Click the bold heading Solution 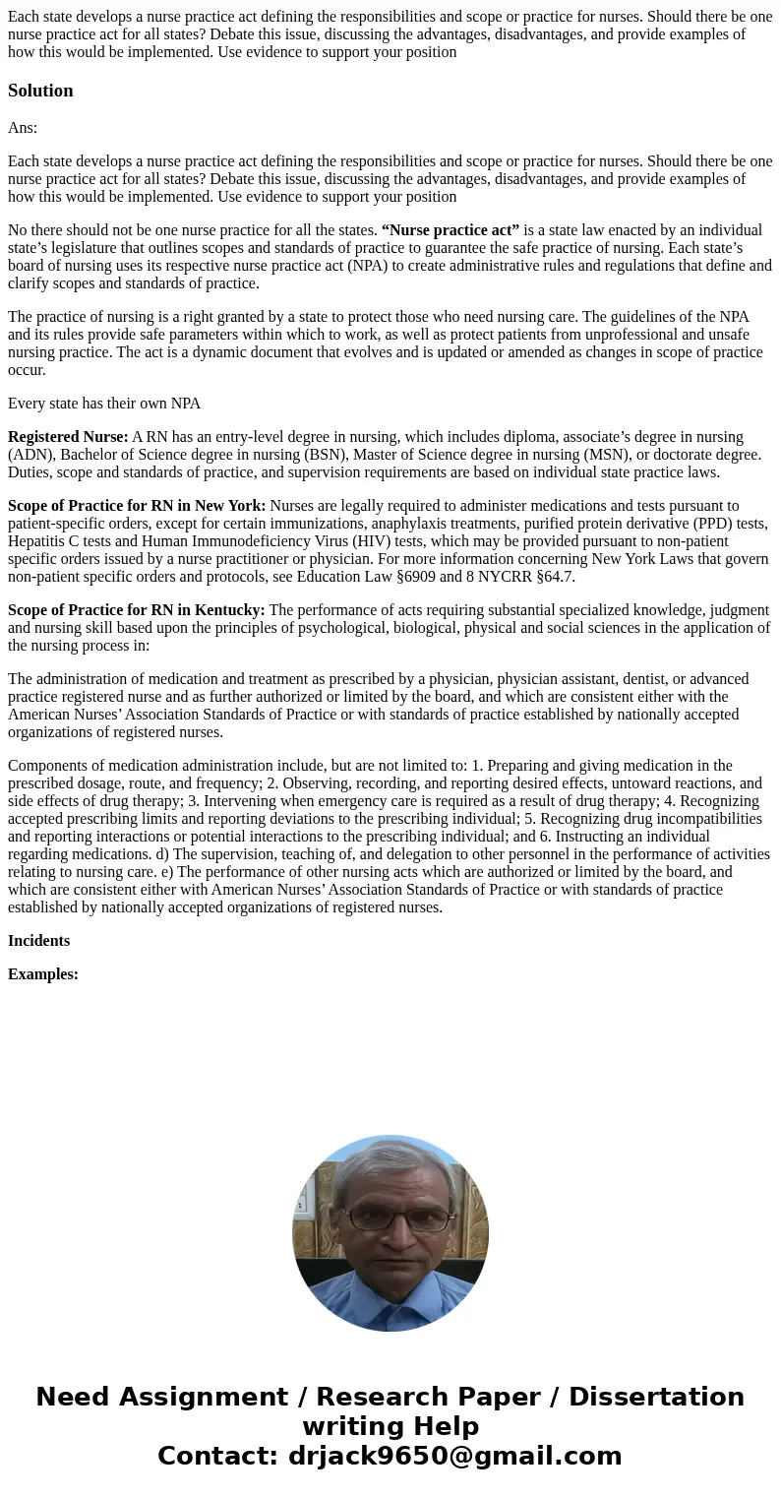(40, 91)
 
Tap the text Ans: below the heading (23, 127)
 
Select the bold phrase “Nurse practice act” (451, 230)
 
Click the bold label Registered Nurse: (68, 437)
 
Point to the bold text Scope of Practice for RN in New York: (137, 506)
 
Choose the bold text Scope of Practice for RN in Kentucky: (136, 610)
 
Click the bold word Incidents (38, 941)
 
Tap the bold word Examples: (43, 974)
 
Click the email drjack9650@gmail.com (454, 1456)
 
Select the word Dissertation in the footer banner (656, 1397)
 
